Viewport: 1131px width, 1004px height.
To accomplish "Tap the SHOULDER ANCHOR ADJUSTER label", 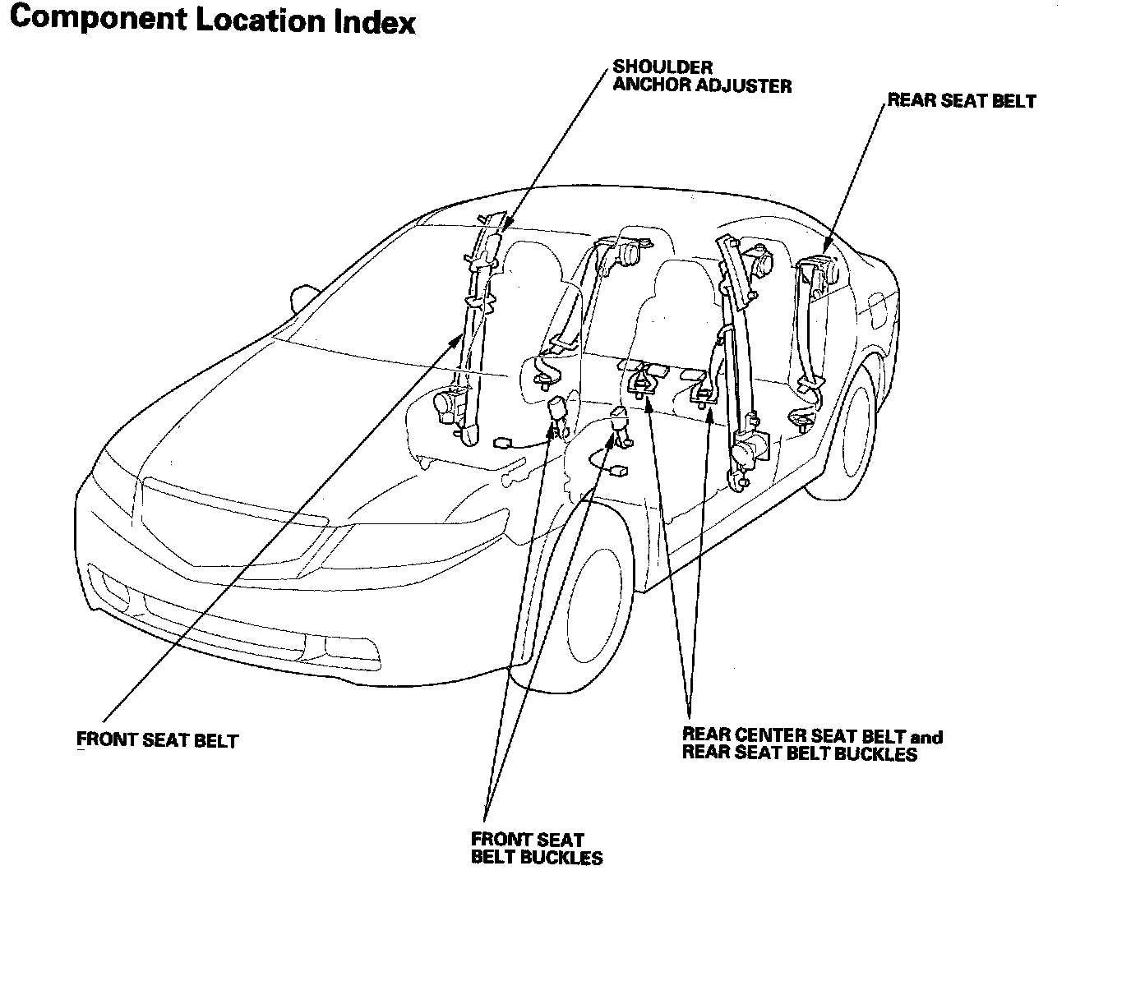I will [702, 76].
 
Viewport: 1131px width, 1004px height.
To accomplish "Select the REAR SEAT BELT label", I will [962, 101].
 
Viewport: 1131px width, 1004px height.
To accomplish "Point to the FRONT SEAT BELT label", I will [157, 740].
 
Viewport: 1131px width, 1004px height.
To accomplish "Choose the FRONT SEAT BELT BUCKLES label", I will [537, 849].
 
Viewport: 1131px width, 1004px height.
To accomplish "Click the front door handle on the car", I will [516, 473].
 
